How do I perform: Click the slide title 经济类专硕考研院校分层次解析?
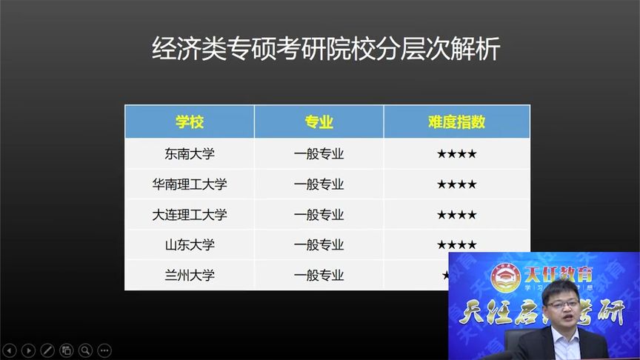(x=327, y=50)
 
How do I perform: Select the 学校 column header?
(x=189, y=122)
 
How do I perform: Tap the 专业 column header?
(x=319, y=122)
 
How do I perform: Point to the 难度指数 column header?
(x=456, y=122)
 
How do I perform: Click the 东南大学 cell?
(x=189, y=154)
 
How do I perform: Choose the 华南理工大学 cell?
(x=189, y=184)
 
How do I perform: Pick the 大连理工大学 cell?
(x=189, y=215)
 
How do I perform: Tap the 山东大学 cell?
(x=189, y=244)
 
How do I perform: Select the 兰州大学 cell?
(x=189, y=275)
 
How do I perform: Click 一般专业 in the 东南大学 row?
(x=319, y=154)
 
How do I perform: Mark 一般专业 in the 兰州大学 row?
(x=319, y=275)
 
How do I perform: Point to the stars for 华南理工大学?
(x=456, y=184)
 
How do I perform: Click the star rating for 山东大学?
(x=456, y=244)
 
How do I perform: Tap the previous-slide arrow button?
(x=10, y=350)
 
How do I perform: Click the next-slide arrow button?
(x=29, y=350)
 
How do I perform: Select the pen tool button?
(x=47, y=350)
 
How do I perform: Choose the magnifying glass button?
(x=85, y=350)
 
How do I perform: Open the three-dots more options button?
(x=104, y=350)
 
